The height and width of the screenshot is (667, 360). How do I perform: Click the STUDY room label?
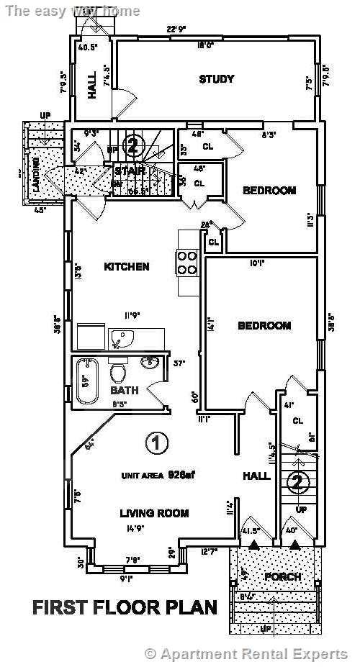click(217, 79)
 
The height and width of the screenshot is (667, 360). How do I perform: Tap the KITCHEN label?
click(127, 267)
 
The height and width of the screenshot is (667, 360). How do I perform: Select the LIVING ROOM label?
click(154, 513)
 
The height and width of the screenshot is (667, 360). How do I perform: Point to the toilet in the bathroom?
click(118, 373)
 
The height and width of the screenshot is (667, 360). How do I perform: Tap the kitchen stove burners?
click(187, 263)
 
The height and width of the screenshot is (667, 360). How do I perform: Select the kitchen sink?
click(122, 338)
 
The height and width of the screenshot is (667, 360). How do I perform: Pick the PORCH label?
click(283, 576)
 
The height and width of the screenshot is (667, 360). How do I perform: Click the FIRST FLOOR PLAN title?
click(125, 607)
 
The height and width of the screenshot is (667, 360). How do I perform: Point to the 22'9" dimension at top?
click(177, 30)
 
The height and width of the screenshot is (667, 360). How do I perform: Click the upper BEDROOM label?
click(269, 191)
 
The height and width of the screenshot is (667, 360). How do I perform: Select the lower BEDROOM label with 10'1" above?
click(264, 326)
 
